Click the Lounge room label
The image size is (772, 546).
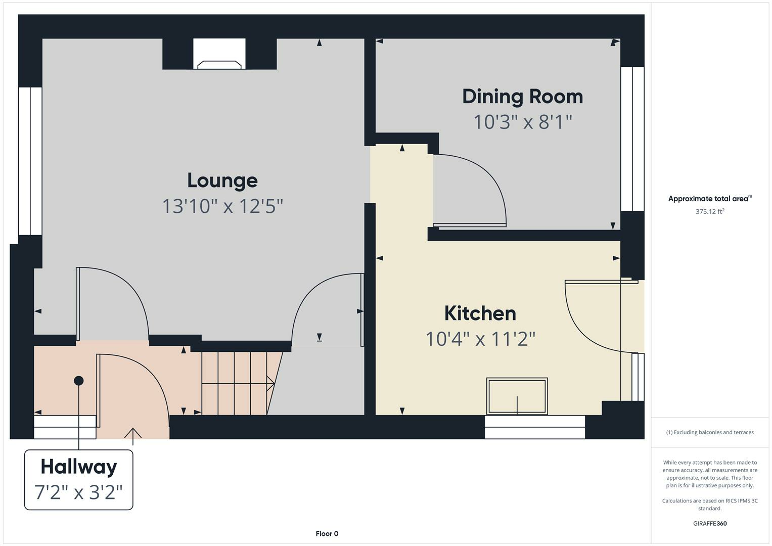pyautogui.click(x=222, y=180)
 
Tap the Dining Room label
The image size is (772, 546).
pyautogui.click(x=522, y=97)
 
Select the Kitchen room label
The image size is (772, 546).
pyautogui.click(x=480, y=313)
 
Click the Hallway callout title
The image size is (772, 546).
pyautogui.click(x=79, y=468)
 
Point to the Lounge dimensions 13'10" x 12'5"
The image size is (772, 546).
pyautogui.click(x=222, y=206)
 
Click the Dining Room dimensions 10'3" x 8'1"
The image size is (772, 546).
pyautogui.click(x=522, y=122)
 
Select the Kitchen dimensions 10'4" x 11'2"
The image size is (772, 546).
pyautogui.click(x=480, y=339)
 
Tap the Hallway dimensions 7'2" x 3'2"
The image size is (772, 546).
pyautogui.click(x=78, y=492)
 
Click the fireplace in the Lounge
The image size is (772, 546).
pyautogui.click(x=219, y=54)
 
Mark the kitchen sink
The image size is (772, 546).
pyautogui.click(x=517, y=396)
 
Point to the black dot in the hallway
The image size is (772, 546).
pyautogui.click(x=78, y=381)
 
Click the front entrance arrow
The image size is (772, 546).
pyautogui.click(x=132, y=436)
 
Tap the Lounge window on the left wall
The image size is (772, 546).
pyautogui.click(x=30, y=161)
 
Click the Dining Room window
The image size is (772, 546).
pyautogui.click(x=632, y=139)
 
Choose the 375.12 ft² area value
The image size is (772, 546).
pyautogui.click(x=710, y=211)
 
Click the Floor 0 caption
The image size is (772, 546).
pyautogui.click(x=327, y=533)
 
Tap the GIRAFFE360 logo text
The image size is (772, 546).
pyautogui.click(x=710, y=523)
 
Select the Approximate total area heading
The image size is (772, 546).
pyautogui.click(x=710, y=198)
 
